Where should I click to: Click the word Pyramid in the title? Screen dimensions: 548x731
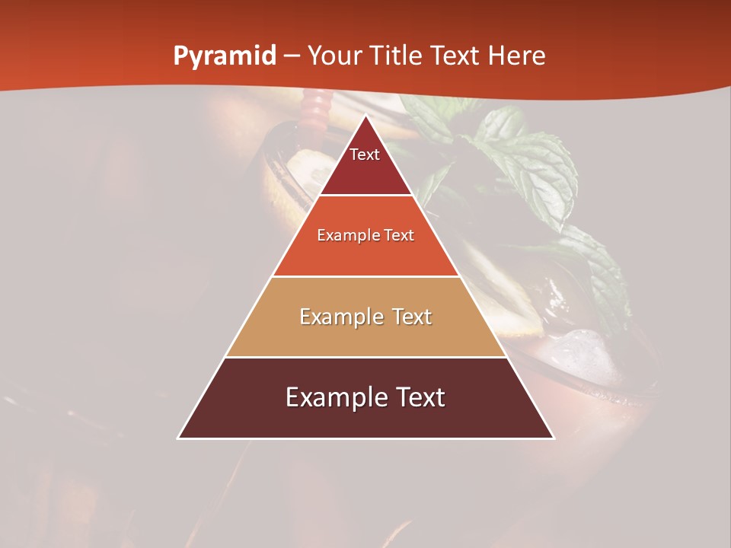(x=225, y=56)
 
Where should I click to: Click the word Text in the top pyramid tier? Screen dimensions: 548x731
(x=365, y=155)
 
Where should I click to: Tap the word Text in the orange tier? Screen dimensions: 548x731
(x=399, y=236)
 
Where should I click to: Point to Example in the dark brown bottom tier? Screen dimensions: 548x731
(x=334, y=397)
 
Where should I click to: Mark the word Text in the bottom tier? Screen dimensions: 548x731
(x=418, y=397)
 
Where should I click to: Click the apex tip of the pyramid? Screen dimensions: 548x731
(x=365, y=116)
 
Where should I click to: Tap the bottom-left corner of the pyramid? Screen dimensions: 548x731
(x=179, y=438)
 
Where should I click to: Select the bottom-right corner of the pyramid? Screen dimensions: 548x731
(x=553, y=438)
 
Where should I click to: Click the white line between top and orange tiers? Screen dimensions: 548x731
(x=365, y=196)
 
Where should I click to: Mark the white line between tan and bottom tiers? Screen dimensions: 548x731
(x=365, y=357)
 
